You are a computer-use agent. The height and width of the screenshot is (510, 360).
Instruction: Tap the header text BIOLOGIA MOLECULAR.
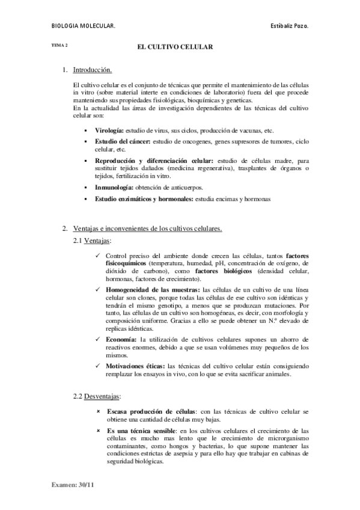point(84,26)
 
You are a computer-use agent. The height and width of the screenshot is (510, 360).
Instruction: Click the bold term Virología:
point(109,131)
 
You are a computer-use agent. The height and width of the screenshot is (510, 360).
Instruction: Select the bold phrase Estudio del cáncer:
point(123,141)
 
